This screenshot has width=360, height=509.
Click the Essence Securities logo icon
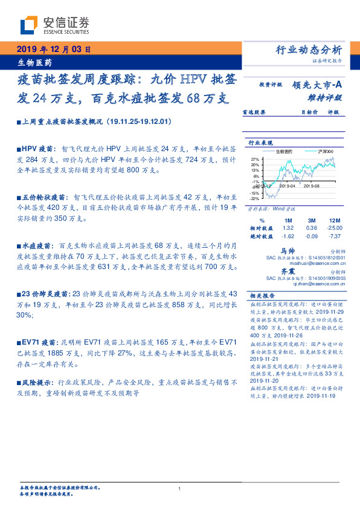tap(30, 25)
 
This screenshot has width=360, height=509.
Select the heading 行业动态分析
tap(312, 50)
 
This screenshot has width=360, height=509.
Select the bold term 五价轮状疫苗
tap(42, 197)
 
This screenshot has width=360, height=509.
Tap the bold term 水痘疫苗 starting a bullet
tap(37, 246)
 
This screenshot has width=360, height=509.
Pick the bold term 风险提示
tap(37, 383)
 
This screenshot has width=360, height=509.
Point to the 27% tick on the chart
tap(256, 159)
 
